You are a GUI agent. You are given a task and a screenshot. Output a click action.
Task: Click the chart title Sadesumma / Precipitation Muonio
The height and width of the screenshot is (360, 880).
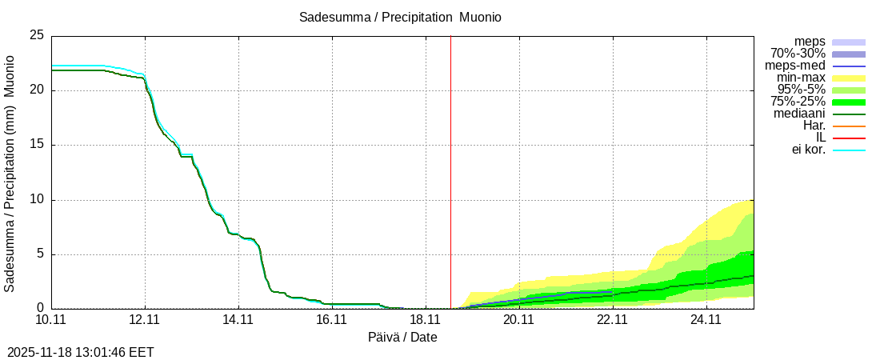(x=400, y=17)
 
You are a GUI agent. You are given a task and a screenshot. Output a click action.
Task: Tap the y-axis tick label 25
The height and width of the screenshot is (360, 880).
(x=37, y=36)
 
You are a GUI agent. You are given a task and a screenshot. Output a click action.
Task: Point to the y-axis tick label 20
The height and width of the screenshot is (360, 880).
(x=37, y=90)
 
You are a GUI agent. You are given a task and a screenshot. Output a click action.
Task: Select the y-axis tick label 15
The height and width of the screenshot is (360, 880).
(x=37, y=145)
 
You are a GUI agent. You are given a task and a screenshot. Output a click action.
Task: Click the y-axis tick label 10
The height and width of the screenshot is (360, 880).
(x=37, y=200)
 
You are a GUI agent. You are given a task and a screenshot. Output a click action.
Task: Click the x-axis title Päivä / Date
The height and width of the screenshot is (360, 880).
(x=402, y=337)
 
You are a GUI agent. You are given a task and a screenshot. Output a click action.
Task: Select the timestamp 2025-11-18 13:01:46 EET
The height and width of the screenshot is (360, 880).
(x=81, y=352)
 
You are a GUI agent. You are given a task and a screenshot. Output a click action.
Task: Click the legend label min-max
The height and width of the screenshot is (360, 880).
(x=800, y=78)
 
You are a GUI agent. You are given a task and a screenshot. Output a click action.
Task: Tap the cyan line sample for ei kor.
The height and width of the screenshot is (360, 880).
(x=849, y=150)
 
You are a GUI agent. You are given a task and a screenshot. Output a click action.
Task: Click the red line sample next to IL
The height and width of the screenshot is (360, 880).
(x=849, y=138)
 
